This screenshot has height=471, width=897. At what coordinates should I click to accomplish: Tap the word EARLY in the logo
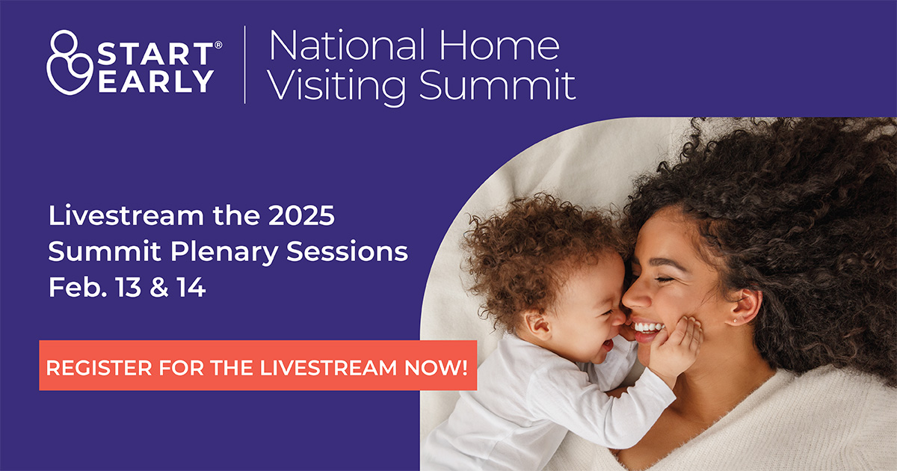(155, 80)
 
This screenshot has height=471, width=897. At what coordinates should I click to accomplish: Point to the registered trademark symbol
(218, 45)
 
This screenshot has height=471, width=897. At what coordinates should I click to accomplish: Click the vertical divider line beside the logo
(244, 64)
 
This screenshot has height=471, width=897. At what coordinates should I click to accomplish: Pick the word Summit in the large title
(497, 85)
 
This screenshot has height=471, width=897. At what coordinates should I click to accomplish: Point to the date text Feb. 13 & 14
(127, 288)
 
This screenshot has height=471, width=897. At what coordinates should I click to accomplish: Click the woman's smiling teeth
(647, 327)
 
